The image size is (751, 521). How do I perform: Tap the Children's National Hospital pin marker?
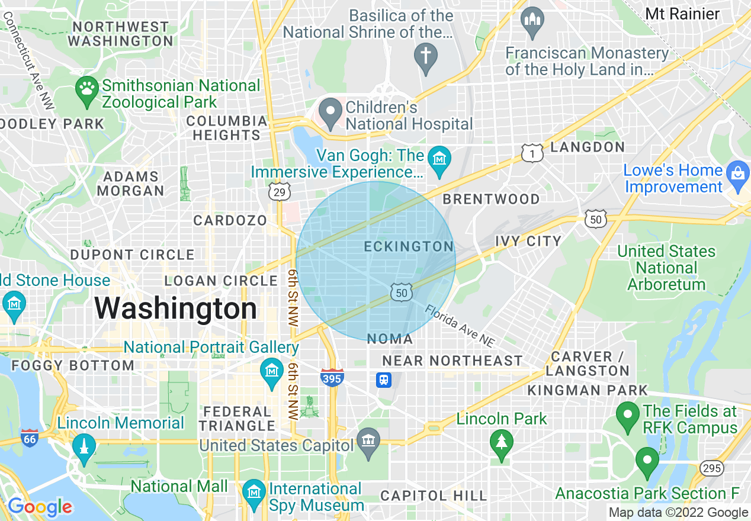[330, 112]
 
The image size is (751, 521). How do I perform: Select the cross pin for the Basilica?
[425, 57]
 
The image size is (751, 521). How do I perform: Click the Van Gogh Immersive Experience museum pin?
[439, 160]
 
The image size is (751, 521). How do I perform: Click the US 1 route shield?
[532, 153]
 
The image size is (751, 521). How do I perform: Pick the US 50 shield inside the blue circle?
[401, 291]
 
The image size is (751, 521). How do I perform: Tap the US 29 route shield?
[279, 192]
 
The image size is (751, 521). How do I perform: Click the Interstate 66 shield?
[30, 438]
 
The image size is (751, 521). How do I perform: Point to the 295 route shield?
[711, 468]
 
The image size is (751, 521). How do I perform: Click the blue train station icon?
[384, 380]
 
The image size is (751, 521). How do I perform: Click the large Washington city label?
[175, 309]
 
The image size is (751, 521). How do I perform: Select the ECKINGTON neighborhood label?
[409, 246]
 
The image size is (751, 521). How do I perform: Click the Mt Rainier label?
[682, 14]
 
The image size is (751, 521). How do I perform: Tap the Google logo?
[40, 507]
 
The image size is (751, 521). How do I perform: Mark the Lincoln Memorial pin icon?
[84, 449]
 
